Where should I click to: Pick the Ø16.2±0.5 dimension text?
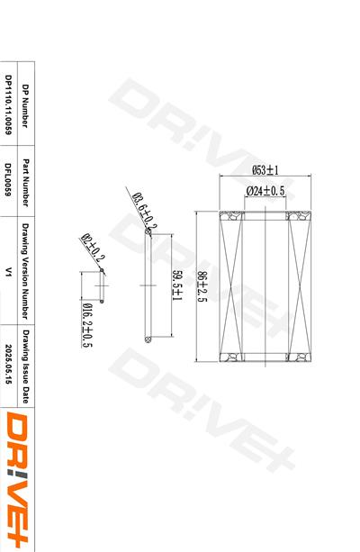(88, 325)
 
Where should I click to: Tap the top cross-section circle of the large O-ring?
(147, 231)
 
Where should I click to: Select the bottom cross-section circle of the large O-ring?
(147, 339)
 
